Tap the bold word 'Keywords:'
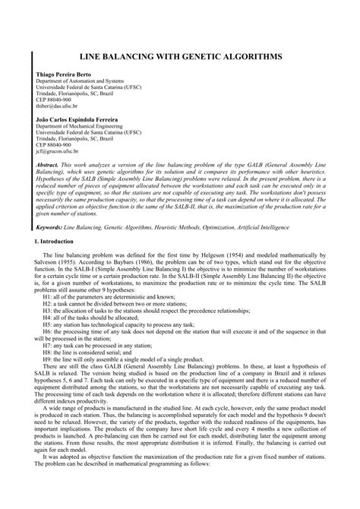[49, 226]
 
